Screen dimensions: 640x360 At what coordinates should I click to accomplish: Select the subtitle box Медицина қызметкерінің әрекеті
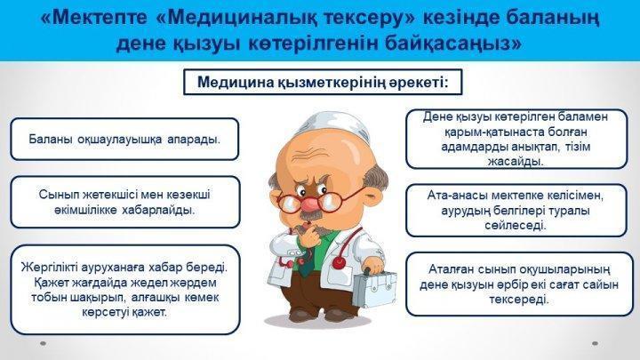point(323,82)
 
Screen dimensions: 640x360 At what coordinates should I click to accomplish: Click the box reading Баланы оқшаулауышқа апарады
point(124,140)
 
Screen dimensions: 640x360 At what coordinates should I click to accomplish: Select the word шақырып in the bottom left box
point(97,298)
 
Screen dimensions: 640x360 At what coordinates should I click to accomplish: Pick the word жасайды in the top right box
point(516,162)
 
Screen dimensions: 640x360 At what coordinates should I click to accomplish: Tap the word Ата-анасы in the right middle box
point(457,196)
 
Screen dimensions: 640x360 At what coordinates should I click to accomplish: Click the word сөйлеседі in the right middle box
point(515,226)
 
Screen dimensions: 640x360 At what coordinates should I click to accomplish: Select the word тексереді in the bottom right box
point(519,300)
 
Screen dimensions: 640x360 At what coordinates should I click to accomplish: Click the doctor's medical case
point(374,288)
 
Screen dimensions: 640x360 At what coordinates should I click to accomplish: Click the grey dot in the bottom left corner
point(44,344)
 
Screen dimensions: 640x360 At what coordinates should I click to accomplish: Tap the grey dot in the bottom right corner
point(595,344)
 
